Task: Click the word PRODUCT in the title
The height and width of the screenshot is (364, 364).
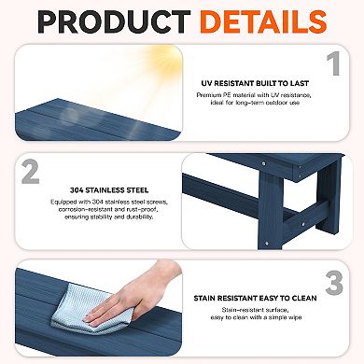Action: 114,21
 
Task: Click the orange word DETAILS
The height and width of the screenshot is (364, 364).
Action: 263,21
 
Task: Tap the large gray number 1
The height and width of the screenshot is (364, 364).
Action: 334,63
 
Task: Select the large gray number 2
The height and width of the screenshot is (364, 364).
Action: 31,172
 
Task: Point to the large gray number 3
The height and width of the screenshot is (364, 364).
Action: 334,284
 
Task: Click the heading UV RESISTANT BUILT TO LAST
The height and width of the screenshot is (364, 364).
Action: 255,83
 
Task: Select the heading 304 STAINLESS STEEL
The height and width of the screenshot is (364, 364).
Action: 109,190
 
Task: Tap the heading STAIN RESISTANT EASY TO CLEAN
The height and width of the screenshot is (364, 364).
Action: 255,298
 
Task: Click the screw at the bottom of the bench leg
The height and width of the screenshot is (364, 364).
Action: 266,244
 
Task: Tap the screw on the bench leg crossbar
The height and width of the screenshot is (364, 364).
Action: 302,223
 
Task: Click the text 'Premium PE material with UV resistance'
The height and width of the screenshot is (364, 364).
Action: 254,95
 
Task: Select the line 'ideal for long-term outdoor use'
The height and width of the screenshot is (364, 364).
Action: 255,103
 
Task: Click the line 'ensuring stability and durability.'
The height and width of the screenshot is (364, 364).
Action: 109,217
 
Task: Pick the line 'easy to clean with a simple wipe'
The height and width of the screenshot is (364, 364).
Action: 256,317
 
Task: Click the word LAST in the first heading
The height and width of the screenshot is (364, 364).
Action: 300,83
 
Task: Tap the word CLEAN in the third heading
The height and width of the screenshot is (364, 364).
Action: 304,298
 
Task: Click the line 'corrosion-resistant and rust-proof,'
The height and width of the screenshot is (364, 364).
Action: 109,209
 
